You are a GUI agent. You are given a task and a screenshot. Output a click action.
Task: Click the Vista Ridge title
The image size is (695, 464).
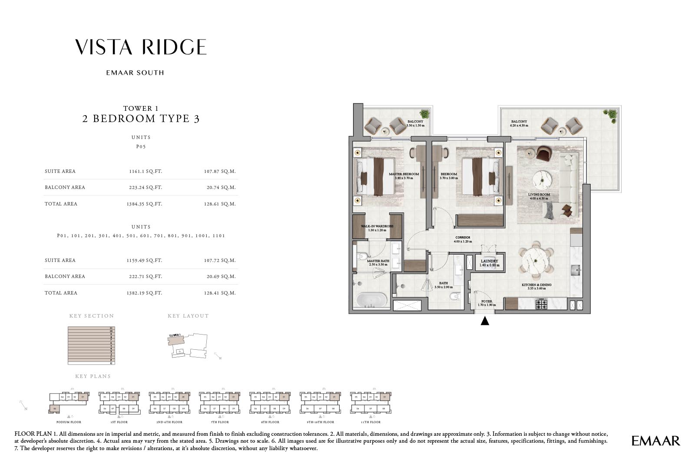[x=141, y=47]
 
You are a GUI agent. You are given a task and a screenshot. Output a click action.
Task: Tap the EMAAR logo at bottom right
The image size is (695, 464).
[x=655, y=441]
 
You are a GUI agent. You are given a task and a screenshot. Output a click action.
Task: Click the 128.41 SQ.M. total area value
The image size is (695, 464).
[x=220, y=293]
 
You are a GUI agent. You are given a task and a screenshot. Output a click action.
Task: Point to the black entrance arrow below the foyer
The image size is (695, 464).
[x=485, y=321]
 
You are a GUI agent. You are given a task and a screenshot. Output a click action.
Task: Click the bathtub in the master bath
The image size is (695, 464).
[x=371, y=300]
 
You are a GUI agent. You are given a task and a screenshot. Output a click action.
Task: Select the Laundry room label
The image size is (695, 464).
[x=489, y=261]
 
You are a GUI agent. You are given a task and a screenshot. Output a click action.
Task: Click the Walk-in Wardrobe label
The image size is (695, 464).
[x=377, y=226]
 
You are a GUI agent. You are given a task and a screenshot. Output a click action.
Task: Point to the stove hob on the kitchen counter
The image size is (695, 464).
[x=542, y=304]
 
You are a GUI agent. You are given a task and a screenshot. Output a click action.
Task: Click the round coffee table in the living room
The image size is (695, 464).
[x=542, y=179]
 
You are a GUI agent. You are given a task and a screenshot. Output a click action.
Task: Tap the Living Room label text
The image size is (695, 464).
[x=539, y=195]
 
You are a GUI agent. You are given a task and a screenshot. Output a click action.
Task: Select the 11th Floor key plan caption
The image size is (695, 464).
[x=370, y=422]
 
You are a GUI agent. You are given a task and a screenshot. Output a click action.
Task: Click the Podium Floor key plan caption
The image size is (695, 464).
[x=69, y=422]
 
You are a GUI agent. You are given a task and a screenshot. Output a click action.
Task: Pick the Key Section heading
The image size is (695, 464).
[x=91, y=316]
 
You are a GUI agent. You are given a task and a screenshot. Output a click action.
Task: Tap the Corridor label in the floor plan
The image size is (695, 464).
[x=462, y=238]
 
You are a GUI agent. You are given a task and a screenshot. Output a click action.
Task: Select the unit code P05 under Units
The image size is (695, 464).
[x=141, y=146]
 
